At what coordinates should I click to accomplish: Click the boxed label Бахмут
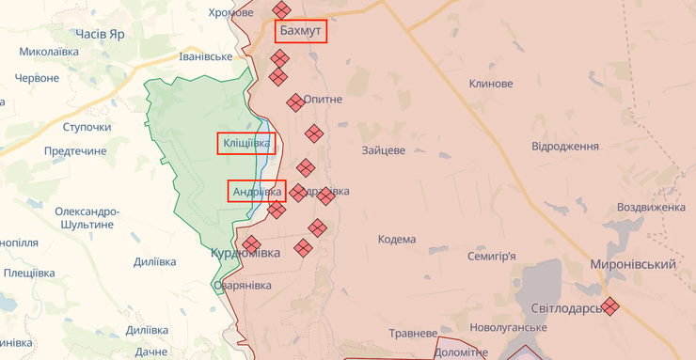301,32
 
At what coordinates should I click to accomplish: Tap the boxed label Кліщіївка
245,144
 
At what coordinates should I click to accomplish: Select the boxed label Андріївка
257,191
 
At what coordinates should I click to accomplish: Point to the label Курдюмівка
245,255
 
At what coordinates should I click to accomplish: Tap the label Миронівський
633,265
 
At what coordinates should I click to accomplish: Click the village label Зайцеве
383,150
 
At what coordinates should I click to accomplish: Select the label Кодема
397,240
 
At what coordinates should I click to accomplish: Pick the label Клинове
491,84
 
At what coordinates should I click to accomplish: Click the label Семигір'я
492,256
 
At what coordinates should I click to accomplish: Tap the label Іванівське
205,56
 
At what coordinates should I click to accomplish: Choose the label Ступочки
87,127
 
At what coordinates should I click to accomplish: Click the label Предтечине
75,150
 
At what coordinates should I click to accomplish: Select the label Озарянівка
243,286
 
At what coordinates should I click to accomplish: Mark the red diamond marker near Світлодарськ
611,305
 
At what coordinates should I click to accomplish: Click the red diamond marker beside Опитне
295,102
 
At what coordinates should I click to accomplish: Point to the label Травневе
415,333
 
